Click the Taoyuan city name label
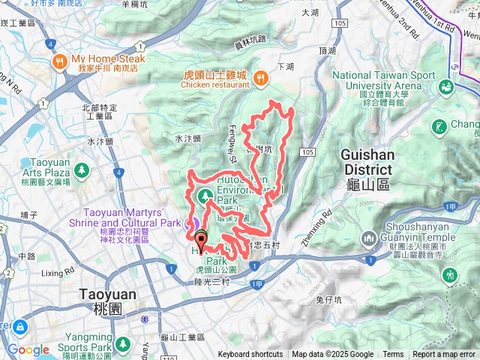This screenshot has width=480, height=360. click(x=108, y=294)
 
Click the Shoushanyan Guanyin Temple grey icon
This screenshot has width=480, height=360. click(x=368, y=239)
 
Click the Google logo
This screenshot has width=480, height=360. click(x=28, y=349)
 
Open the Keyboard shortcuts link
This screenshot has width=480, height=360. click(x=250, y=355)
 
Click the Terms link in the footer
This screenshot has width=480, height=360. click(x=393, y=355)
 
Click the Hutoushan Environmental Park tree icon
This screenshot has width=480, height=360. click(x=203, y=197)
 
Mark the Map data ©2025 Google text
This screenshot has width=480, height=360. click(x=332, y=355)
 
